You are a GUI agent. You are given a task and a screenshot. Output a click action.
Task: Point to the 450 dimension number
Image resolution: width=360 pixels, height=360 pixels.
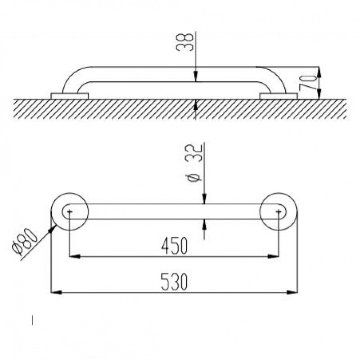[x=175, y=246]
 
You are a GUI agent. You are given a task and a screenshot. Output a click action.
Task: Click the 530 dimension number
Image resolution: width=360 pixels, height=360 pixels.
[x=174, y=282]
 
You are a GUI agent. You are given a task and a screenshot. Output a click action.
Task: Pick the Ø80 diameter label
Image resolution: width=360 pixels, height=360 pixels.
[x=25, y=242]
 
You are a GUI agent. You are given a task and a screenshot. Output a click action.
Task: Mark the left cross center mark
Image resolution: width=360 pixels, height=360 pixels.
[x=70, y=211]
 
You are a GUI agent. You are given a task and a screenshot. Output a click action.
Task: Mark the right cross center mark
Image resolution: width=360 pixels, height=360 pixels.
[x=279, y=211]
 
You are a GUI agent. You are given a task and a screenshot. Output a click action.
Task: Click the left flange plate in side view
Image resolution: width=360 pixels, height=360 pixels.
[x=69, y=96]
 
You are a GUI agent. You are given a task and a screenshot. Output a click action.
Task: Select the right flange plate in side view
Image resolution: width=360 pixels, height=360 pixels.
[x=279, y=96]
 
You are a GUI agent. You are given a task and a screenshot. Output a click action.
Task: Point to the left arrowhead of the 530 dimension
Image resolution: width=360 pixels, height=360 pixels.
[x=56, y=293]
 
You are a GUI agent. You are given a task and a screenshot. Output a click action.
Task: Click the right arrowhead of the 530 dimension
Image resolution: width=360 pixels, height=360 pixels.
[x=292, y=293]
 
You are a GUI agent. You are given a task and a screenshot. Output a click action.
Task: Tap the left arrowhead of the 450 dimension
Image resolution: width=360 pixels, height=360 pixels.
[x=75, y=256]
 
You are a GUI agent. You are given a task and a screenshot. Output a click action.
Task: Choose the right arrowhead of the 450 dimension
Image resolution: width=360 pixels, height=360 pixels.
[x=273, y=256]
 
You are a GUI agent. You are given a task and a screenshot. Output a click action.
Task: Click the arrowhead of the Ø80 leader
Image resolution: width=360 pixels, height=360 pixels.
[x=53, y=229]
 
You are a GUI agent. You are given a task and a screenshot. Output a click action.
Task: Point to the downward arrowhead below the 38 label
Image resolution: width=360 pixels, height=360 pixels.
[x=195, y=76]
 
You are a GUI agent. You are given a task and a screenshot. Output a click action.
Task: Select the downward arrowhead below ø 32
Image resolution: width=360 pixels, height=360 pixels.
[x=205, y=198]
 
